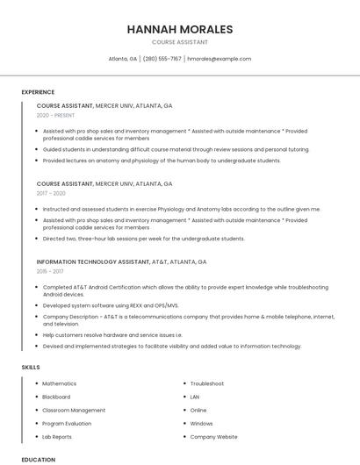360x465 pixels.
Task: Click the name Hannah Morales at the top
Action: click(180, 30)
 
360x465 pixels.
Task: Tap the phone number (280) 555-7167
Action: click(162, 59)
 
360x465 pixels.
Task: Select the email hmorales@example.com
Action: click(220, 59)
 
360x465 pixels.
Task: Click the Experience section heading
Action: click(38, 92)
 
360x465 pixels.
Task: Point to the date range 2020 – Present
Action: click(55, 115)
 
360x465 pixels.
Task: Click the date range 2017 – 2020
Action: click(51, 193)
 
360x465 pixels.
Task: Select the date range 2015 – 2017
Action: click(50, 272)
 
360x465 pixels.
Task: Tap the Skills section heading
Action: click(31, 368)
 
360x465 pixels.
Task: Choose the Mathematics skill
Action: click(59, 383)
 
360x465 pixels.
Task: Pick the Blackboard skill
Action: click(56, 397)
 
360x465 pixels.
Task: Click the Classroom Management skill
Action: click(74, 410)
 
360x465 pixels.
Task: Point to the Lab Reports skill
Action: click(57, 436)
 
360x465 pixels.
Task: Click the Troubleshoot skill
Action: click(207, 383)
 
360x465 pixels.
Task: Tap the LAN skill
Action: click(195, 397)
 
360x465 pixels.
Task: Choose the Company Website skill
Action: click(213, 436)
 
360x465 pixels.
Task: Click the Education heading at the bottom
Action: click(38, 459)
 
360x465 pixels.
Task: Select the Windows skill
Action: click(201, 423)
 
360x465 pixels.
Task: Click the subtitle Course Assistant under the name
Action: click(180, 42)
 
